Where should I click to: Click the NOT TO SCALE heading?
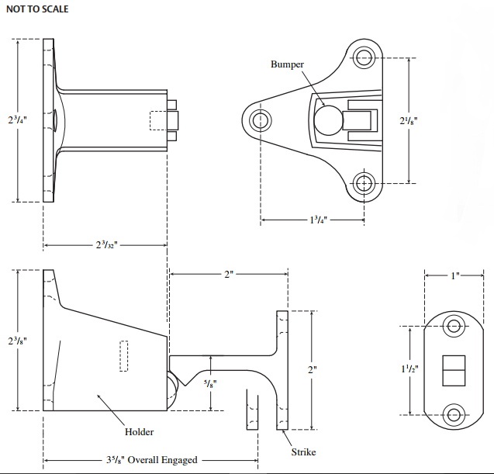click(38, 9)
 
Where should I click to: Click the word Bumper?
click(287, 64)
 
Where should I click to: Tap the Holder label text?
click(140, 432)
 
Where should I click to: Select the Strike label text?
click(303, 452)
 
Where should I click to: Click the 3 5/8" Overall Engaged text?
click(151, 459)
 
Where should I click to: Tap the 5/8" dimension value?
click(210, 382)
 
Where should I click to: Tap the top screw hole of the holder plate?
click(364, 56)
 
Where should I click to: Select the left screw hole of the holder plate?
click(260, 119)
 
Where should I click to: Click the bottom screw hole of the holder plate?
click(364, 183)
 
